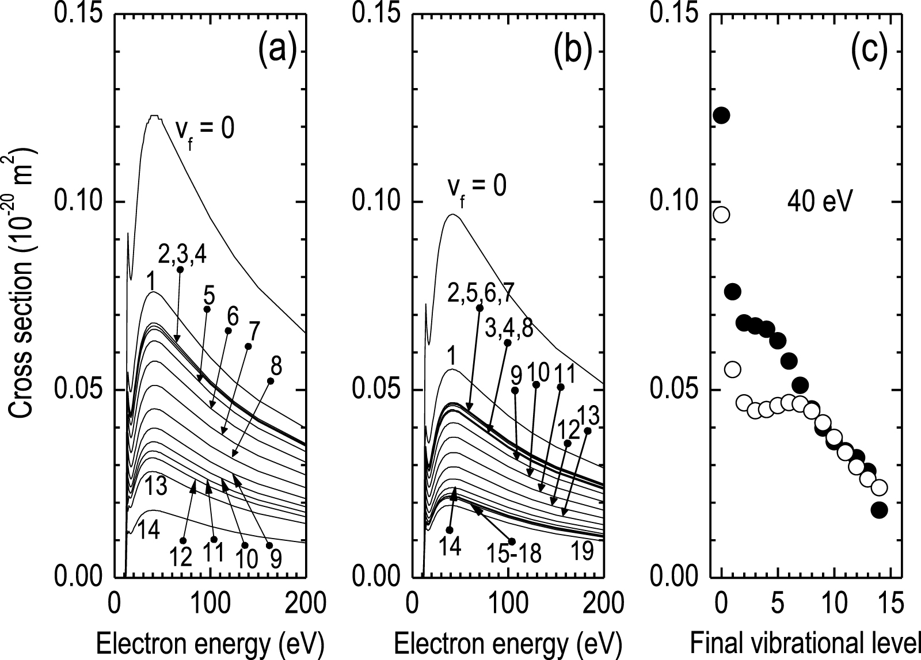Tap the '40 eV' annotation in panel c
pyautogui.click(x=820, y=203)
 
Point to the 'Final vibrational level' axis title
pyautogui.click(x=805, y=642)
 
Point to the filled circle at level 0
pyautogui.click(x=721, y=115)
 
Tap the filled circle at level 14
pyautogui.click(x=879, y=509)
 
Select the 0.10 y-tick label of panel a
pyautogui.click(x=75, y=203)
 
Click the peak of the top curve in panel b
pyautogui.click(x=452, y=215)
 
